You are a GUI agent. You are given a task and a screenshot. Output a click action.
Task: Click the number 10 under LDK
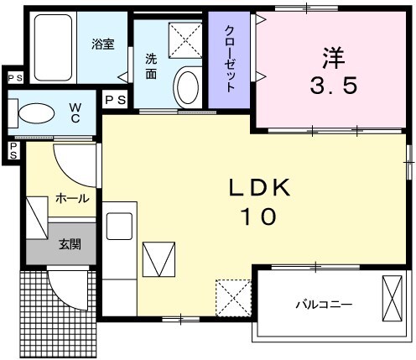point(259,217)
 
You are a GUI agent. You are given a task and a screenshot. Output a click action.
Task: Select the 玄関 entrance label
point(70,245)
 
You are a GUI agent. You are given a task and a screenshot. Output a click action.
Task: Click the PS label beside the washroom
point(116,100)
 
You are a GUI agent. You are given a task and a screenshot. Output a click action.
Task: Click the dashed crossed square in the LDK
point(234,295)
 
